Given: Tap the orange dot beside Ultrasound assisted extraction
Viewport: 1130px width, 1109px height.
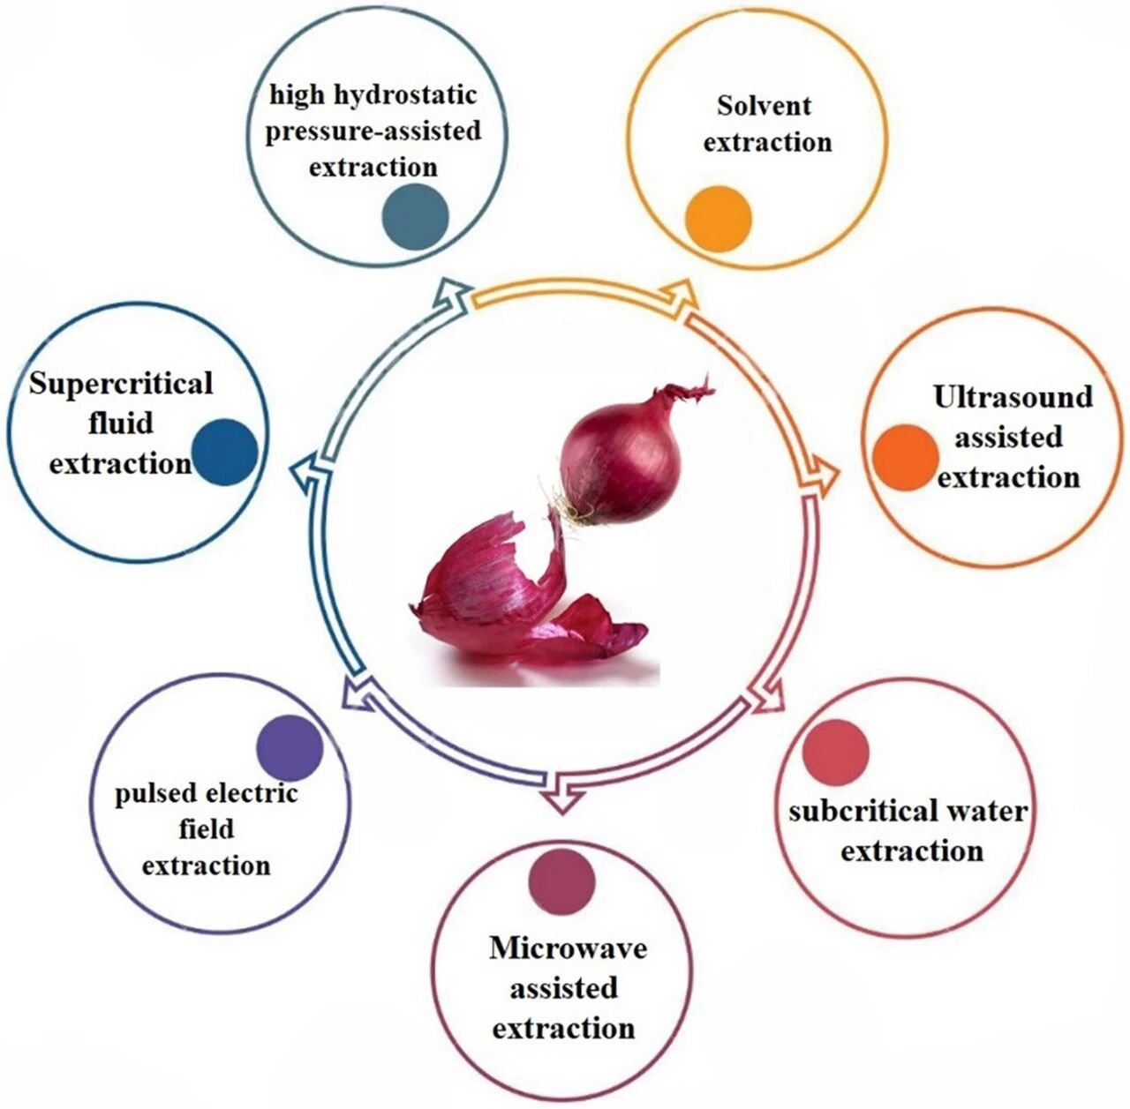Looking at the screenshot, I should [x=905, y=457].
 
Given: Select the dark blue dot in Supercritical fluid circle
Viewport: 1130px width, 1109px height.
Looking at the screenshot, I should [x=224, y=452].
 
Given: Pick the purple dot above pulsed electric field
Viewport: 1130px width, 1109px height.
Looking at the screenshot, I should [x=290, y=748].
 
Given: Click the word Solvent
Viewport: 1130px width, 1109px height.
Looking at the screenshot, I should [x=764, y=105].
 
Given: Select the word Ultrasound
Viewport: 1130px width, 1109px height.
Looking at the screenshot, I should [x=1013, y=397].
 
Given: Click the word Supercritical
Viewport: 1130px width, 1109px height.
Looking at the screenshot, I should [x=121, y=384].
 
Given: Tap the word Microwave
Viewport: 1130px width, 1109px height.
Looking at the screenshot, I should [x=568, y=948].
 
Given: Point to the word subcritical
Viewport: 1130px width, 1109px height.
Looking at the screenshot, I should [x=850, y=811].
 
